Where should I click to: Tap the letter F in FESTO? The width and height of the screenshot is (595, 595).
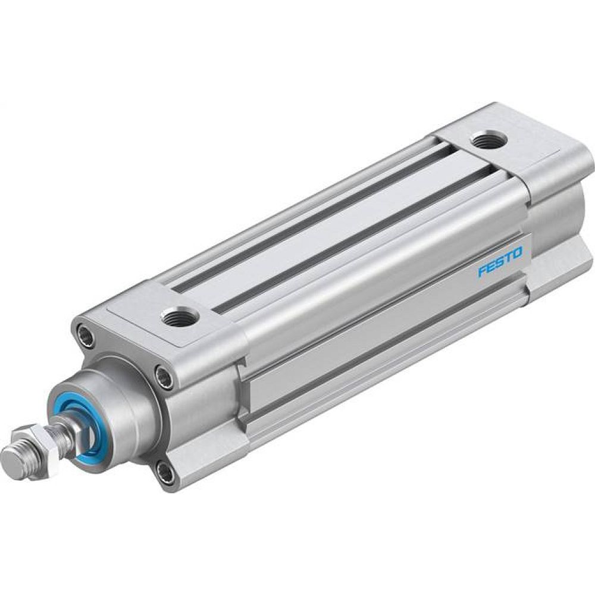pyautogui.click(x=482, y=273)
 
